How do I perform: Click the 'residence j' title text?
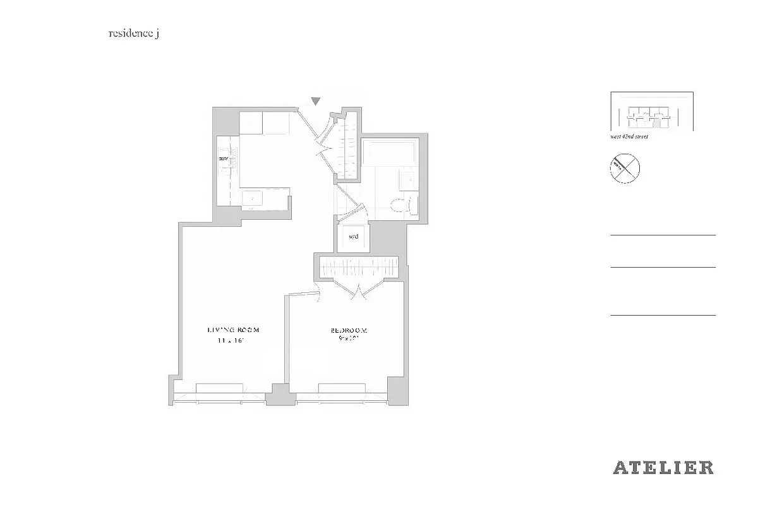[x=134, y=34]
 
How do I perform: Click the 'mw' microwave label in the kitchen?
[x=223, y=158]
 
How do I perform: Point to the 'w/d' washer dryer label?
[x=353, y=237]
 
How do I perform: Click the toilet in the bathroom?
[x=402, y=204]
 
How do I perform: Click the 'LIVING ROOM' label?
[x=234, y=330]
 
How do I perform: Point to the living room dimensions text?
[x=231, y=341]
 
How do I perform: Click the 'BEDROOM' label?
[x=349, y=330]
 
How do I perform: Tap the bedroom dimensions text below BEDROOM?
[x=349, y=340]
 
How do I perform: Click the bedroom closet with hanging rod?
[x=359, y=267]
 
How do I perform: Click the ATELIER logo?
[x=663, y=468]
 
